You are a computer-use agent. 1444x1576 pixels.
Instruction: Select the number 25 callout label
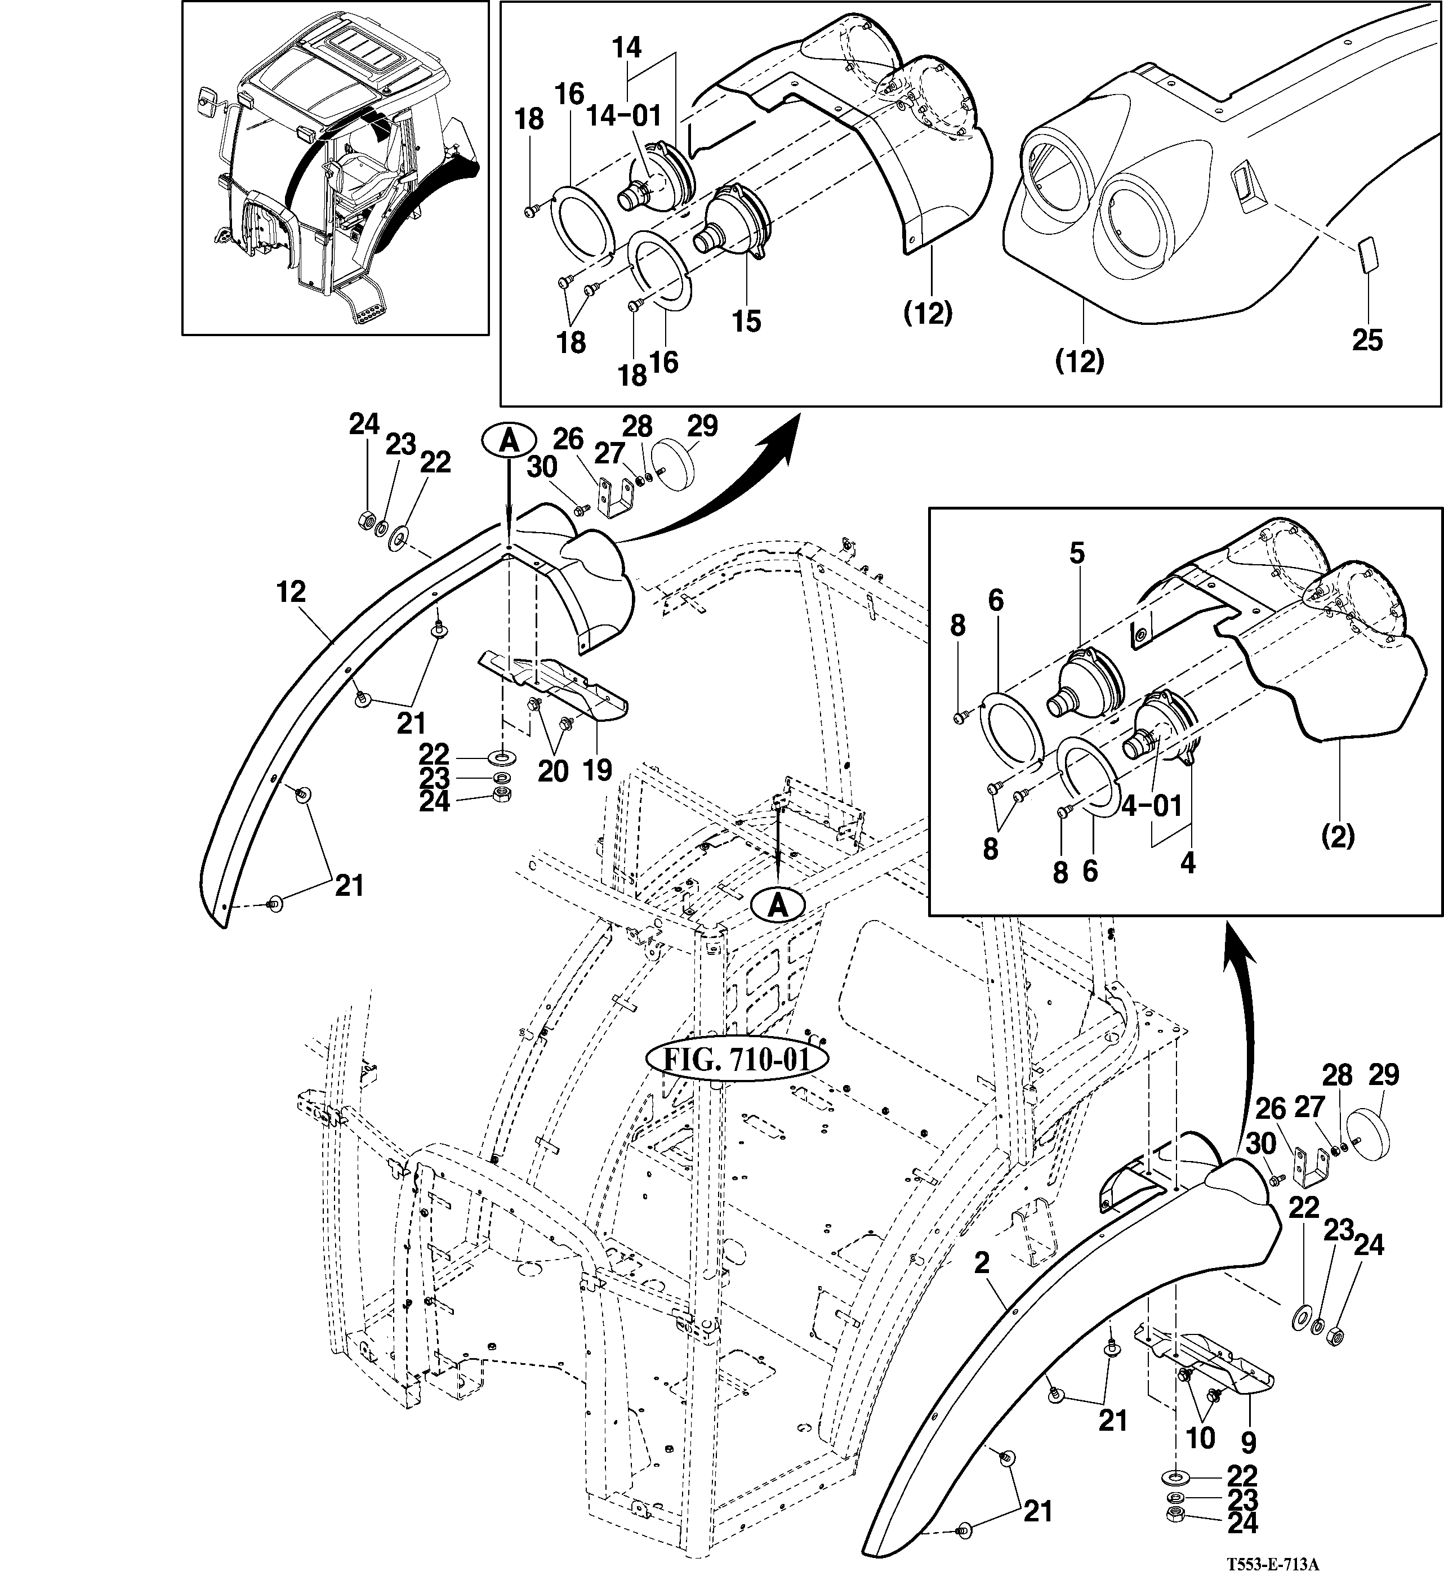[1367, 340]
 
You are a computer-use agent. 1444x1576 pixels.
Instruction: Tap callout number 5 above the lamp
[1077, 553]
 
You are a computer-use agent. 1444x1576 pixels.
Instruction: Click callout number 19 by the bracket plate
[598, 771]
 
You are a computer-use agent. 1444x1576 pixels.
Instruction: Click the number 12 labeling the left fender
[291, 592]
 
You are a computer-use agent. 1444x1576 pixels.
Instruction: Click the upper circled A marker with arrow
[508, 441]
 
